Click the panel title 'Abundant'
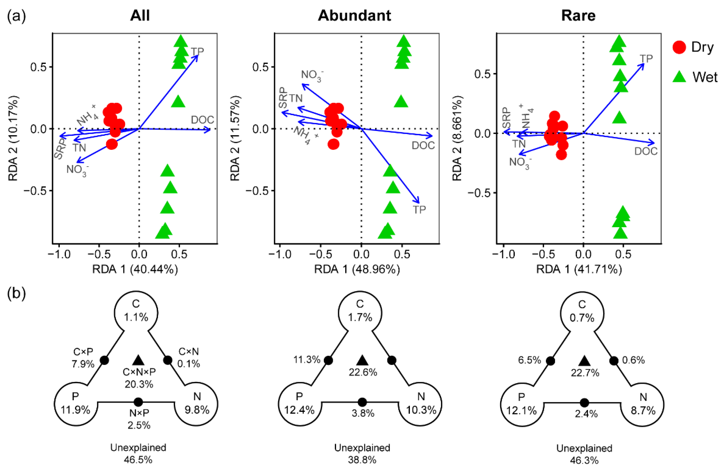click(x=354, y=15)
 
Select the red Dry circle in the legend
click(x=679, y=47)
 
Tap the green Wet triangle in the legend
click(x=679, y=77)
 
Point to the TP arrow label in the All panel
click(x=197, y=51)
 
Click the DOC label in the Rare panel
click(x=646, y=151)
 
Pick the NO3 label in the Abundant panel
click(x=312, y=76)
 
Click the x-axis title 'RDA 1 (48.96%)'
click(x=357, y=269)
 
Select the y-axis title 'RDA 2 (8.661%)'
click(x=457, y=138)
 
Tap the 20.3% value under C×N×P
click(x=139, y=384)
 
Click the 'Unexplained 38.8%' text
click(x=362, y=453)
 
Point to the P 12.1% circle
click(x=521, y=404)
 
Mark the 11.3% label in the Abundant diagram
click(x=307, y=360)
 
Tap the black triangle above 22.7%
click(x=584, y=361)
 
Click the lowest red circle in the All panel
click(x=112, y=144)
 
